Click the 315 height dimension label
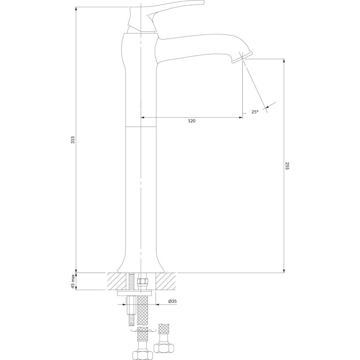(x=73, y=140)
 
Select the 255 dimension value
(x=287, y=166)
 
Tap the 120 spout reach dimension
(x=192, y=121)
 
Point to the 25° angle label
(x=255, y=112)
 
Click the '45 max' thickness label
(x=73, y=281)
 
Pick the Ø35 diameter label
(x=172, y=301)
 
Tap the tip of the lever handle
(x=203, y=2)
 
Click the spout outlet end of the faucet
(x=242, y=57)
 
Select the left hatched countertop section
(x=117, y=281)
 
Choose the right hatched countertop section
(x=166, y=281)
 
